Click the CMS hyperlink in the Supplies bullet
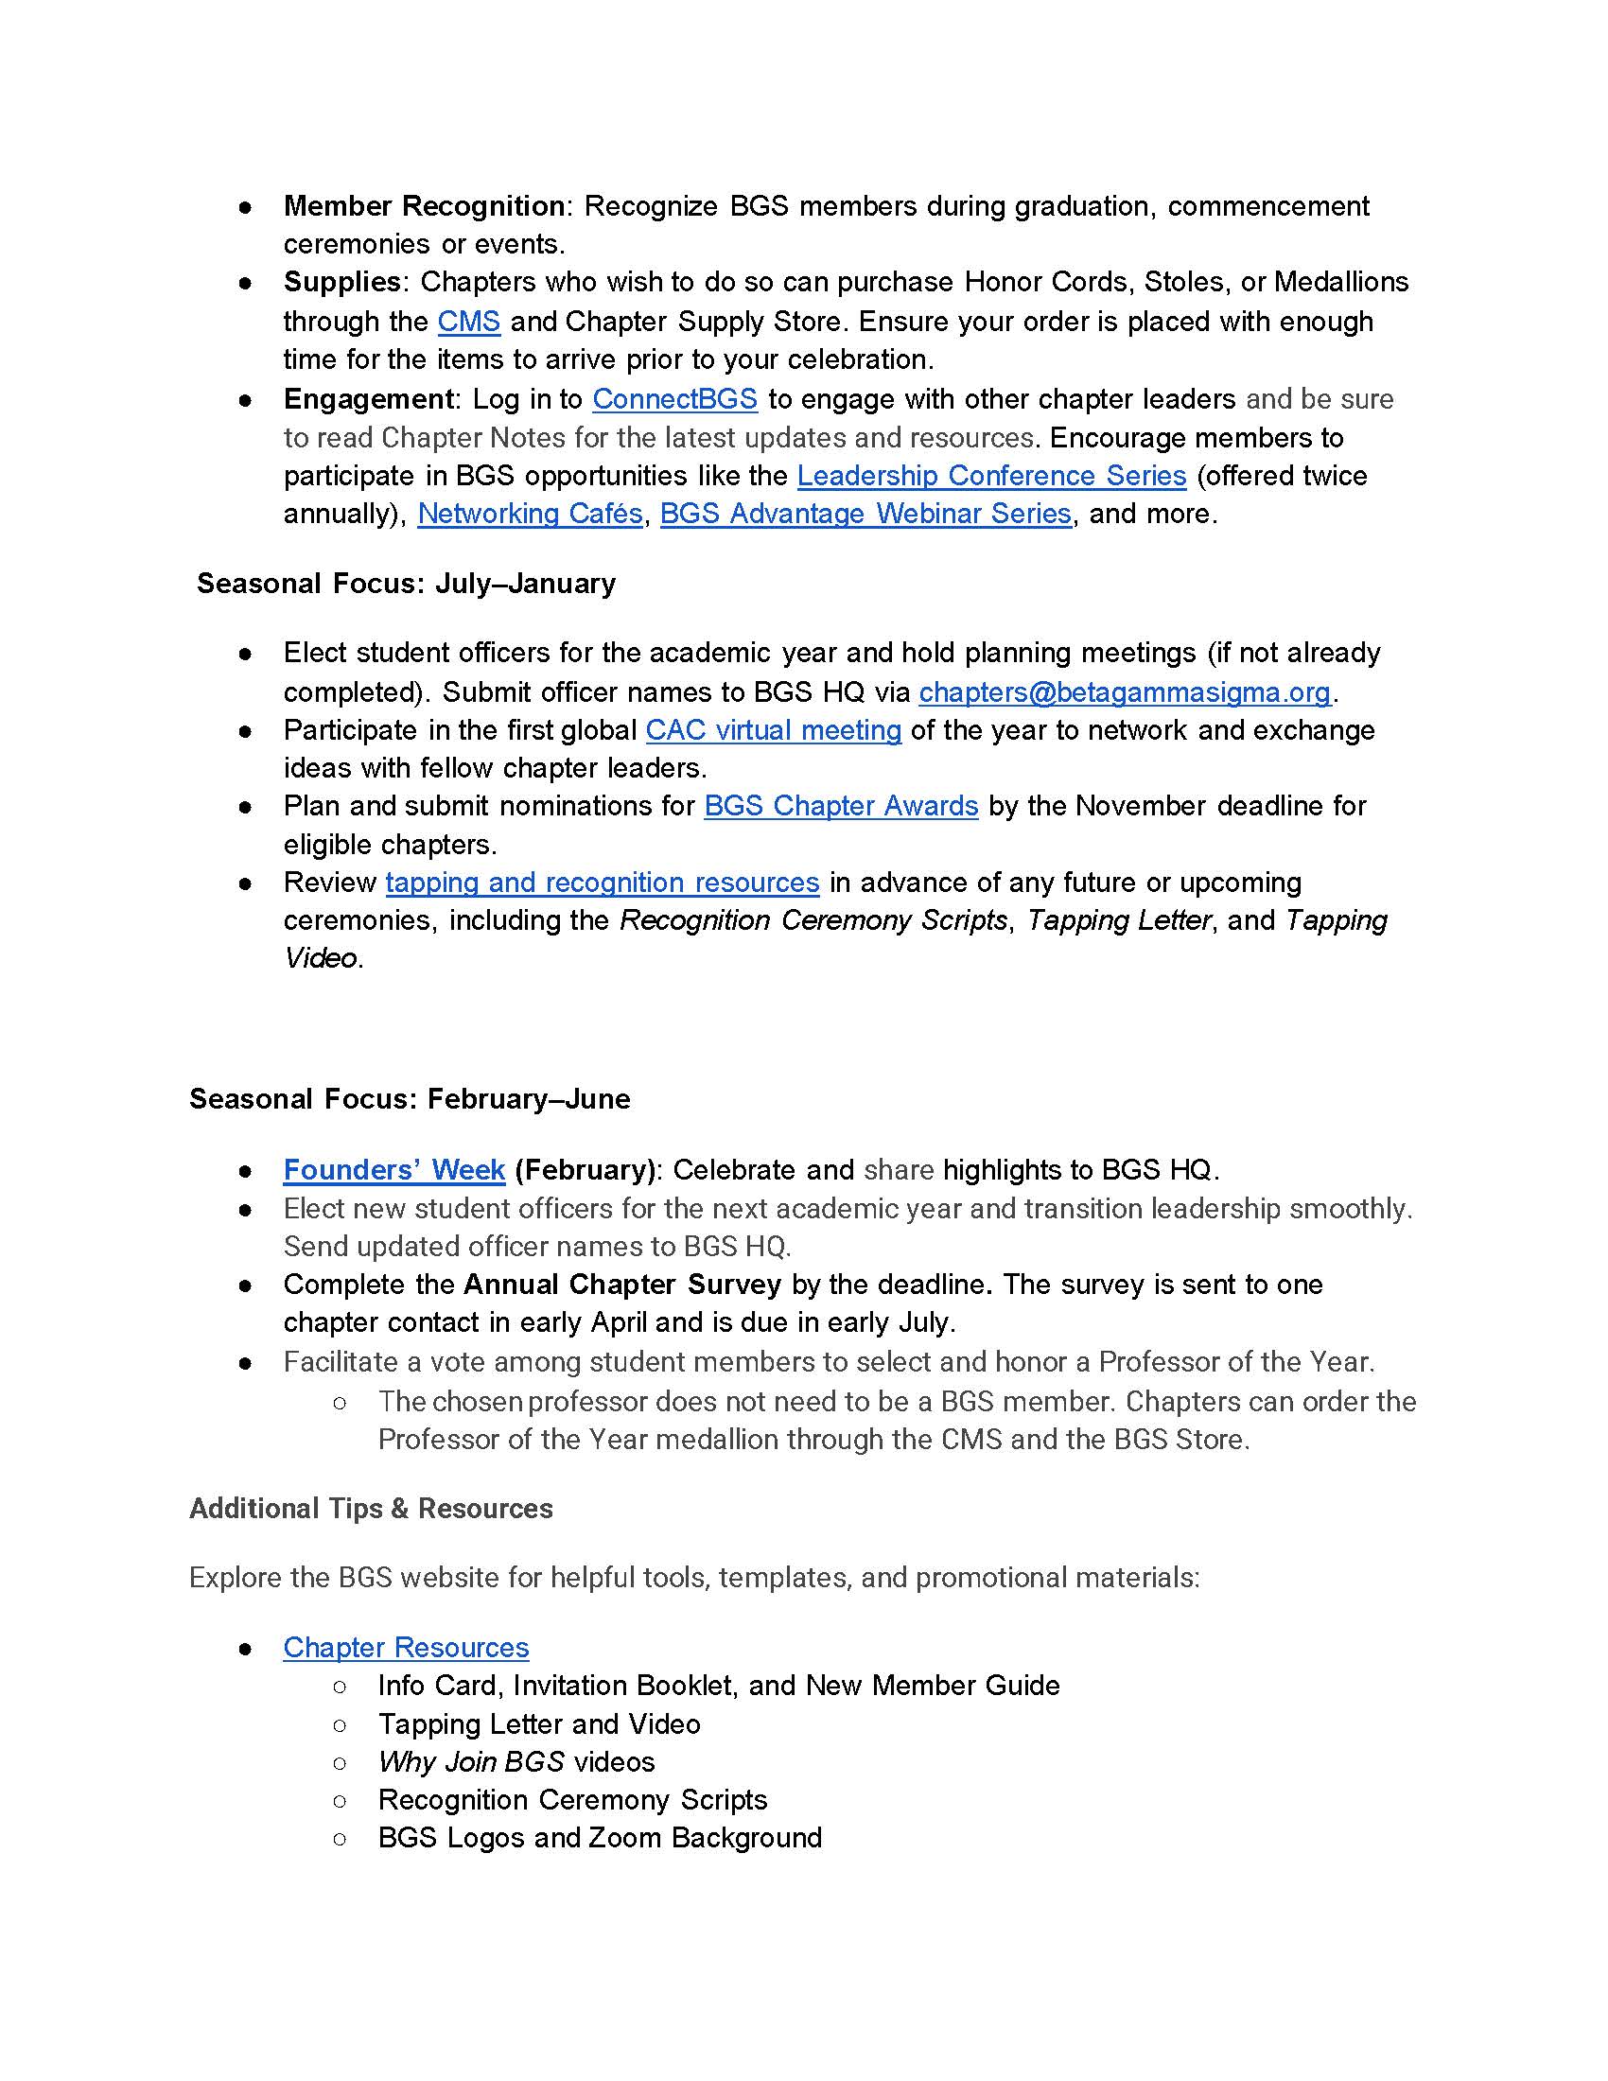[468, 322]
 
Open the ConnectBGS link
[674, 399]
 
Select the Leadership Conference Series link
[990, 476]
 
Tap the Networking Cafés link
[530, 514]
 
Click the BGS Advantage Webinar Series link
[865, 514]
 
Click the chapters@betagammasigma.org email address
[1124, 691]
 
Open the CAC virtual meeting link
[773, 730]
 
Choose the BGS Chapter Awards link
[840, 806]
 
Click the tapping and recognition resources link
[602, 883]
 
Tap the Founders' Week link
[393, 1170]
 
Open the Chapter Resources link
[406, 1648]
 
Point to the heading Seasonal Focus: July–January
[406, 583]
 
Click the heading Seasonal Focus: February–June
[410, 1098]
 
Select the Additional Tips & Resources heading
[371, 1509]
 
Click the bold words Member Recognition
[424, 206]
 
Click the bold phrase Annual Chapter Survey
[622, 1285]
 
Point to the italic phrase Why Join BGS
[471, 1762]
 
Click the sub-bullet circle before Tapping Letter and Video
[341, 1724]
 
